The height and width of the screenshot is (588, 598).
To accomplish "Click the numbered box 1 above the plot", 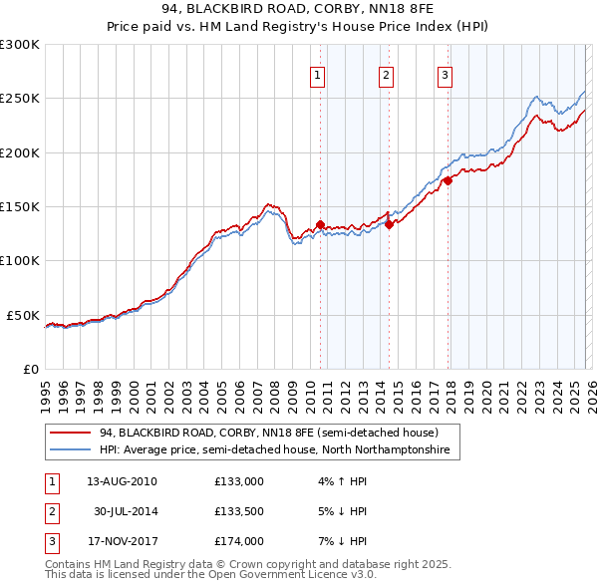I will tap(317, 74).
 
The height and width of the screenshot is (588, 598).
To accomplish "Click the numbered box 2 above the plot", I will tap(386, 74).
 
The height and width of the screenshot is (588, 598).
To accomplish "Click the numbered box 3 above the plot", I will tap(445, 74).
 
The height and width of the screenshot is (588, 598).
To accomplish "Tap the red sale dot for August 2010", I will tap(320, 225).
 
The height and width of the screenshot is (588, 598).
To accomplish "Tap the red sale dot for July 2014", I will tap(389, 224).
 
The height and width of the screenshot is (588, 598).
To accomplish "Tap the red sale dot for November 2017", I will tap(448, 180).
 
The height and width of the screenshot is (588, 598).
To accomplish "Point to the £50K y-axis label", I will tap(23, 315).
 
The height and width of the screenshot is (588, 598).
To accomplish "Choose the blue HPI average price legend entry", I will tap(274, 450).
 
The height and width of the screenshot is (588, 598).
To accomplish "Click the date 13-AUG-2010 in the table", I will tap(122, 480).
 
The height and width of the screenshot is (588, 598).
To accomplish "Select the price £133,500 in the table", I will tap(239, 511).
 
